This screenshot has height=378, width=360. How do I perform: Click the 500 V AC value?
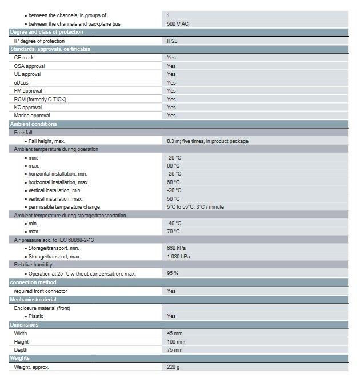pos(178,23)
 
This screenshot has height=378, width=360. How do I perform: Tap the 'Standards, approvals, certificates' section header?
pos(50,49)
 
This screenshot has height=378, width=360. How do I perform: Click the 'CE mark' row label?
pos(24,58)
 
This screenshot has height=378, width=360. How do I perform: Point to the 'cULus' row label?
pos(21,82)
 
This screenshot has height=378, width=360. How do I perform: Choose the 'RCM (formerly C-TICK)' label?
pos(40,99)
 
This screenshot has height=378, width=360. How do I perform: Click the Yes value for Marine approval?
pos(171,116)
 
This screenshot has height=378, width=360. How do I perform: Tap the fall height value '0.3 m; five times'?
pos(207,141)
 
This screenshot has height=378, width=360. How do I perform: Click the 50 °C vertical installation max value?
pos(173,198)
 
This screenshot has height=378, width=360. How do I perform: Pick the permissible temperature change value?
pos(195,207)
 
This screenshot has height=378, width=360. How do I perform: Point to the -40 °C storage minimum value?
pos(174,224)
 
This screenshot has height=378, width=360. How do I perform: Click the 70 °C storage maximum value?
pos(173,232)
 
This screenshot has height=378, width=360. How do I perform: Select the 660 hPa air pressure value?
pos(176,249)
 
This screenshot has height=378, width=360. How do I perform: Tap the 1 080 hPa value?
pos(178,257)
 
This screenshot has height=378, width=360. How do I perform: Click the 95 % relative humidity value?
pos(173,273)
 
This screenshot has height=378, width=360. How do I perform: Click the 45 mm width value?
pos(174,333)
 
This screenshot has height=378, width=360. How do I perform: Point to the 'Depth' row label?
pos(21,349)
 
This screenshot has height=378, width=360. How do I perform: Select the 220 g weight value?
pos(174,367)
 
